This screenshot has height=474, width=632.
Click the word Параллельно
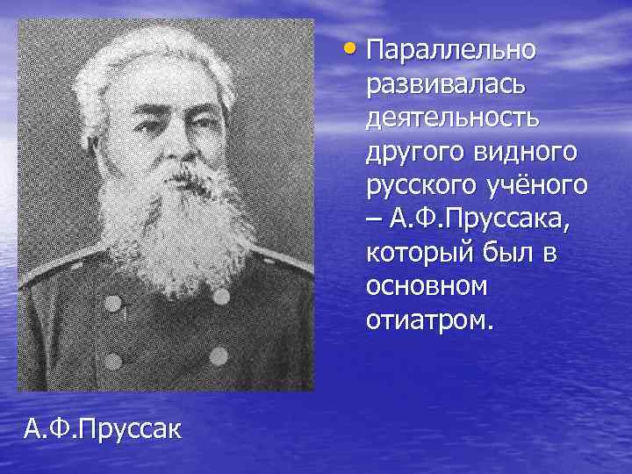pyautogui.click(x=450, y=50)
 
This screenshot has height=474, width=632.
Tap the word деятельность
pyautogui.click(x=455, y=118)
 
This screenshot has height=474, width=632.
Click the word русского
pyautogui.click(x=413, y=186)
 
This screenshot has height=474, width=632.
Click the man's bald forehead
pyautogui.click(x=171, y=92)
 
